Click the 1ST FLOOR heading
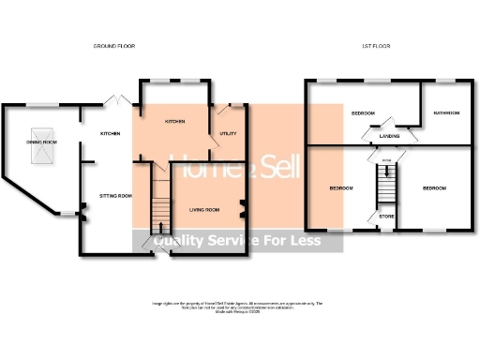coord(375,46)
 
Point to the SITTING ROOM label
coord(115,195)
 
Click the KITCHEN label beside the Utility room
coord(175,122)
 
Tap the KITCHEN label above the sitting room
coord(111,134)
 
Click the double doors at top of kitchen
coord(115,99)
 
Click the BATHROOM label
coord(445,113)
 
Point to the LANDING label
coord(389,136)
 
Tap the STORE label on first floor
coord(386,217)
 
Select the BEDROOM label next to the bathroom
coord(363,113)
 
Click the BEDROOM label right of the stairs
coord(433,188)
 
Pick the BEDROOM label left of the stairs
coord(341,188)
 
